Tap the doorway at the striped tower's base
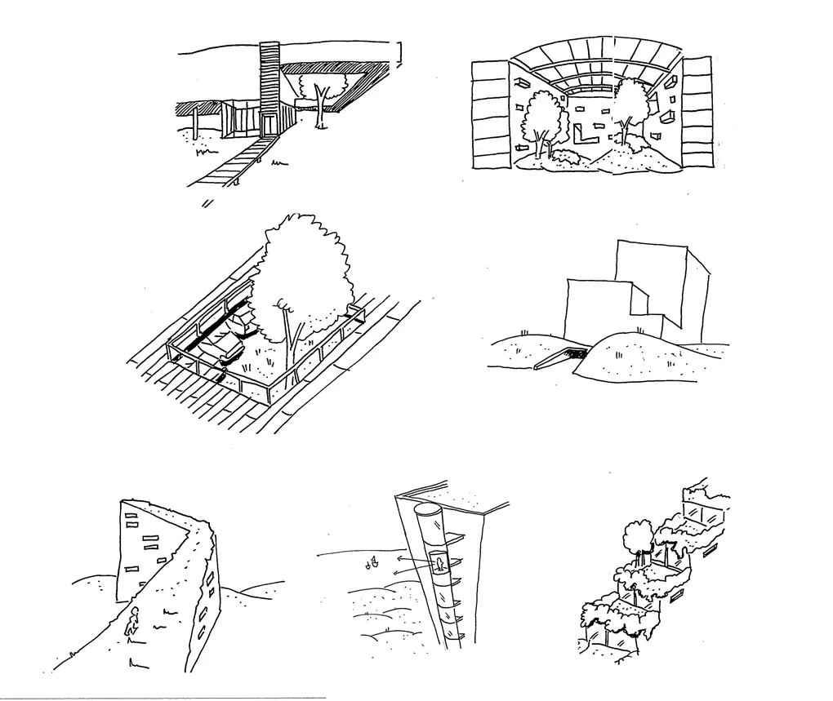point(269,124)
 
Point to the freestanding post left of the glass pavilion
point(196,122)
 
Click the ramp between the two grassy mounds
point(559,357)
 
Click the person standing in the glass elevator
point(439,563)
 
